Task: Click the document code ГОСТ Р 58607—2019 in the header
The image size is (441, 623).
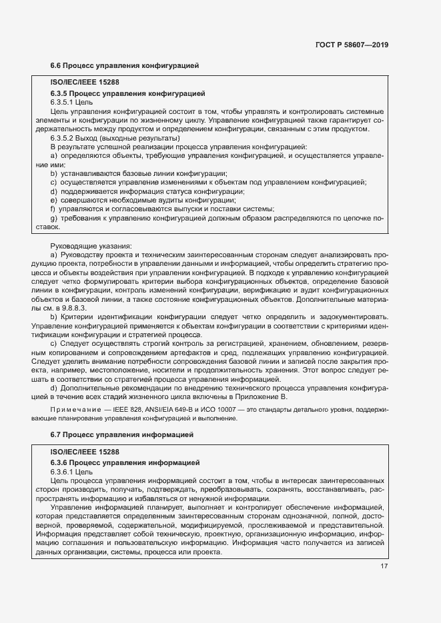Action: (352, 45)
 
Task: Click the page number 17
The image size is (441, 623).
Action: (384, 566)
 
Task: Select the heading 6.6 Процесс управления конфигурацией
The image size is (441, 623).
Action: (125, 66)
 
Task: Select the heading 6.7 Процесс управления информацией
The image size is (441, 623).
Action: (122, 434)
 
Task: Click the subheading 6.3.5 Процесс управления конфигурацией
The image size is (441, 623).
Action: (127, 93)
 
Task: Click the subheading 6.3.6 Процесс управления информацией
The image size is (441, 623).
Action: (125, 462)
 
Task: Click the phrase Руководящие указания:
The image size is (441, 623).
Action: (91, 246)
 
